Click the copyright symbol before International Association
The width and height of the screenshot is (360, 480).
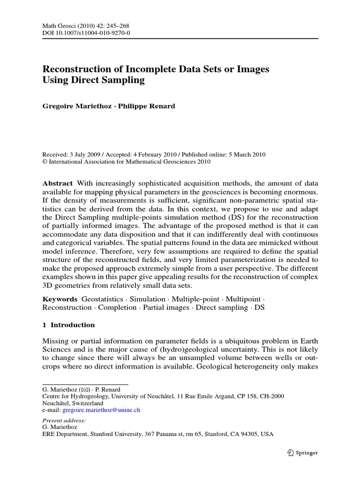[x=45, y=162]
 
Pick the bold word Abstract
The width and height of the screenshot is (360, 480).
[x=57, y=183]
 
